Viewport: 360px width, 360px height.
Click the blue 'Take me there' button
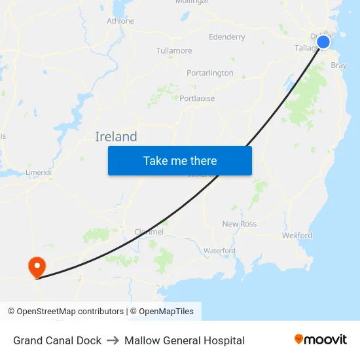(x=180, y=160)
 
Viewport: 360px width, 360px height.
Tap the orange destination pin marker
(x=36, y=266)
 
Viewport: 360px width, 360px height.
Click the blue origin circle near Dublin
(x=323, y=43)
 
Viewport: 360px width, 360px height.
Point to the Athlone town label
(x=120, y=21)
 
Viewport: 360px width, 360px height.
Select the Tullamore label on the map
(x=174, y=50)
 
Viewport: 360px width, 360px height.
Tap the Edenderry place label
(x=226, y=37)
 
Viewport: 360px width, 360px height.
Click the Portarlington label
(x=210, y=73)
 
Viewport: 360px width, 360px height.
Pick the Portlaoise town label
(x=197, y=98)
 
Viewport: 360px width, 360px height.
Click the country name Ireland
(x=116, y=137)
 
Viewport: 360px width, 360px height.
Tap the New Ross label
(x=240, y=224)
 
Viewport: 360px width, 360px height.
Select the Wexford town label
(x=297, y=235)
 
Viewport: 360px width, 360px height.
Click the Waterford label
(x=219, y=251)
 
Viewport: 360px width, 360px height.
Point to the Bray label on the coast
(x=339, y=65)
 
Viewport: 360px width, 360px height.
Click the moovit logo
(x=321, y=339)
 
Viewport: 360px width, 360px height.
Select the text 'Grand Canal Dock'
(x=57, y=340)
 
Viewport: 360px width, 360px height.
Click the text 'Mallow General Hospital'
(x=185, y=340)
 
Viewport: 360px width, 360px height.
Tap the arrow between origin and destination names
(x=113, y=340)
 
